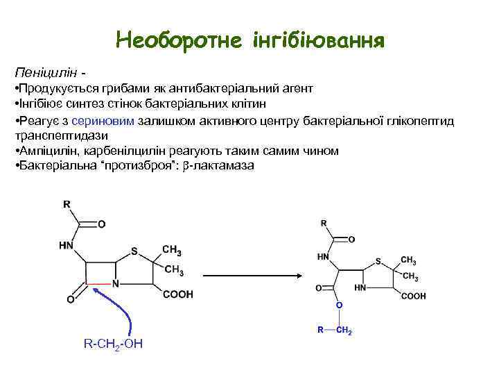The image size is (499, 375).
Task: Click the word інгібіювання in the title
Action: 320,39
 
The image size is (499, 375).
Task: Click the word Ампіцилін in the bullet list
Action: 49,151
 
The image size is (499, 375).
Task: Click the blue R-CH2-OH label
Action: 112,344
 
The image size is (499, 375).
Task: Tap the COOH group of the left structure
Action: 177,294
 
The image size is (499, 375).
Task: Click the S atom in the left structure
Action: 134,251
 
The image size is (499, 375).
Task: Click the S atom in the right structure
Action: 378,262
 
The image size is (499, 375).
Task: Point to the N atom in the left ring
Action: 116,283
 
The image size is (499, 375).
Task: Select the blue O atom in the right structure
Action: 339,305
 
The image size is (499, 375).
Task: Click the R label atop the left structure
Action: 67,204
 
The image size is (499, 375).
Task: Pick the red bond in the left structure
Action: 98,283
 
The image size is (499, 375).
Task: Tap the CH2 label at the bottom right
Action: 344,331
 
